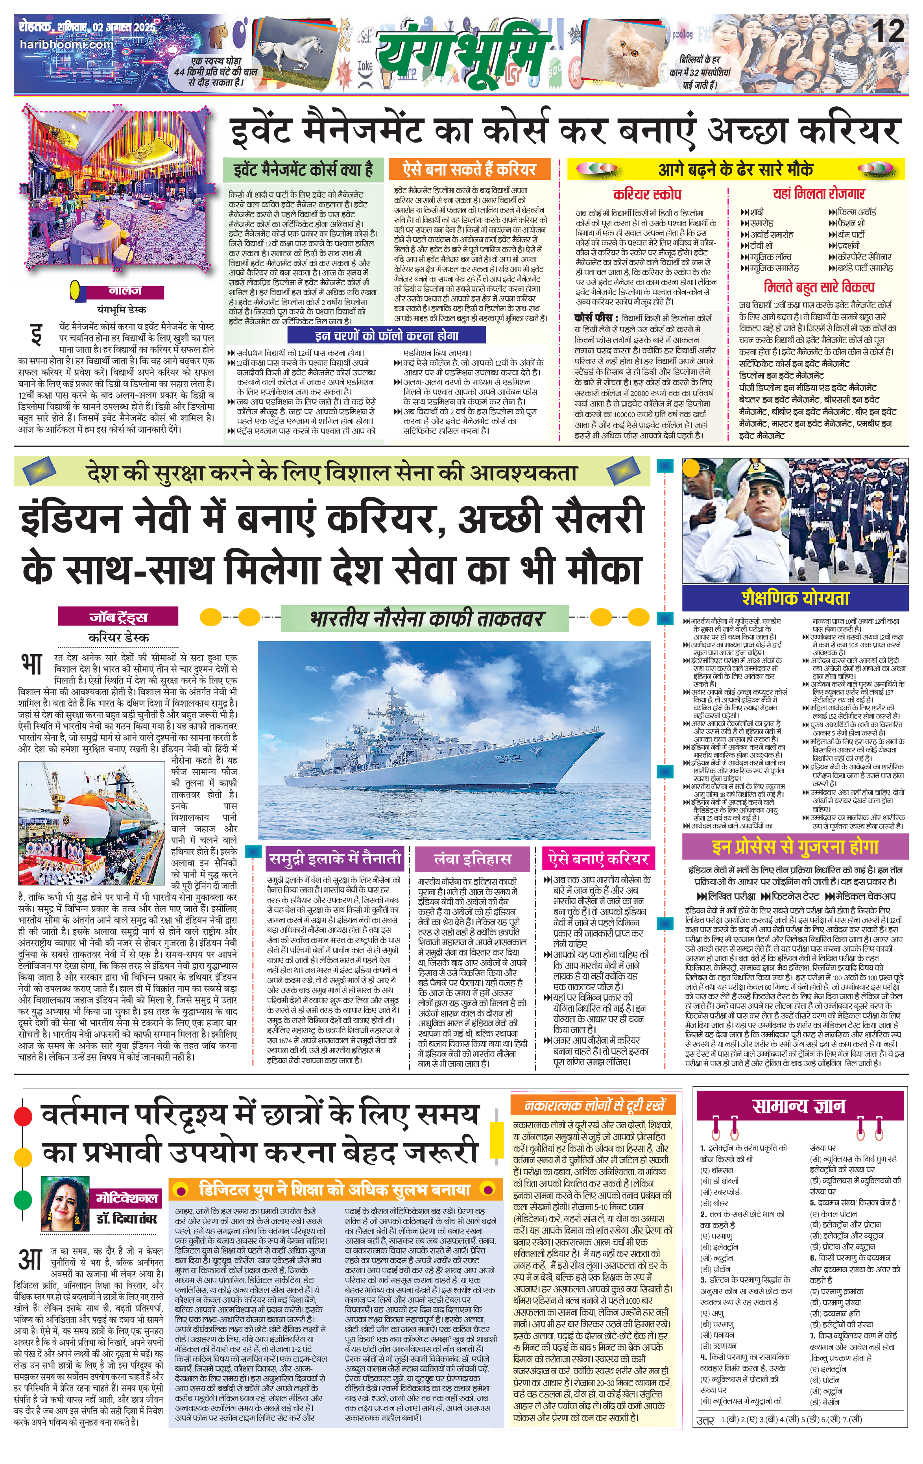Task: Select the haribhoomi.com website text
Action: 66,44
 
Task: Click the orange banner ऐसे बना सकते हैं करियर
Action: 469,168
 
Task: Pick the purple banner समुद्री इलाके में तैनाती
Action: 336,858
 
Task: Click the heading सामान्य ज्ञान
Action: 798,1106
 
